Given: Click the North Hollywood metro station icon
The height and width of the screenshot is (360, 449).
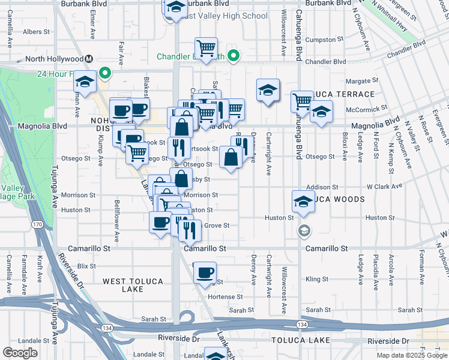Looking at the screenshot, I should click(x=89, y=59).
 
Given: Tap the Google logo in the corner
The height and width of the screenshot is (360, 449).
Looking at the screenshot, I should click(x=20, y=353).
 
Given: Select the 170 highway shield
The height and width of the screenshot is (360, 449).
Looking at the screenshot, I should click(x=37, y=224).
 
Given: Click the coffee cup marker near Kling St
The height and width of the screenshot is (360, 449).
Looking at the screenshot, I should click(x=205, y=272).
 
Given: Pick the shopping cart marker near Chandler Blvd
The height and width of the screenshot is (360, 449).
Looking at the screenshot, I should click(x=206, y=48).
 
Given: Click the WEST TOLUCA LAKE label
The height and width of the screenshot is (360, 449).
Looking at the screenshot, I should click(x=123, y=285).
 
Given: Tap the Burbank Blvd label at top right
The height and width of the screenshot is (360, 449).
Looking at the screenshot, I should click(x=328, y=3).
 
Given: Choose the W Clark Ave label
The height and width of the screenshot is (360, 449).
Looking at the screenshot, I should click(x=384, y=187).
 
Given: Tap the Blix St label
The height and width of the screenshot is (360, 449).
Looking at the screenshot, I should click(x=86, y=265).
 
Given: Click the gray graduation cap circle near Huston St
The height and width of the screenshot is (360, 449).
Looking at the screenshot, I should click(x=304, y=230).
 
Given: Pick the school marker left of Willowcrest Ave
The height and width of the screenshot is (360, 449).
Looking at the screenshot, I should click(x=267, y=90).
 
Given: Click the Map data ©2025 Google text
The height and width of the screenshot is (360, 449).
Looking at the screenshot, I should click(x=412, y=355).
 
